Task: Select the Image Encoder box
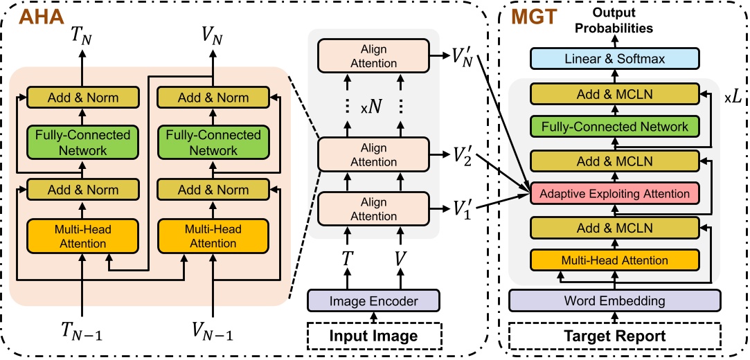coord(374,300)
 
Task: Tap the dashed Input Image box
coord(374,336)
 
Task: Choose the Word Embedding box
coord(615,301)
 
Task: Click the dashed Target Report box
coord(615,336)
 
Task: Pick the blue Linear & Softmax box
coord(615,59)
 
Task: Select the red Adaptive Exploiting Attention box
coord(615,193)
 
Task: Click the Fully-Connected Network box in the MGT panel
coord(615,126)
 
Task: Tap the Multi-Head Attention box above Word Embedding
coord(615,260)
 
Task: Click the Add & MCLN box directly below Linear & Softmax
coord(615,93)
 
